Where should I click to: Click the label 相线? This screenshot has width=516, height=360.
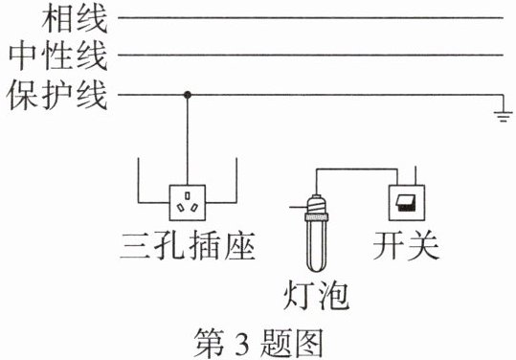75,19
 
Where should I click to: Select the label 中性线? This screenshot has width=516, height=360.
58,56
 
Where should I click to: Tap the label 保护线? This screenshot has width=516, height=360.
57,96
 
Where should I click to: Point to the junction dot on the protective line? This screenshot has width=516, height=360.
188,95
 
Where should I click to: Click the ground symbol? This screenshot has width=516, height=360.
504,117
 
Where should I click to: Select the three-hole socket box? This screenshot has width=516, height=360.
188,202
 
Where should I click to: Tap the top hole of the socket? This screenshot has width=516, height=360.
188,195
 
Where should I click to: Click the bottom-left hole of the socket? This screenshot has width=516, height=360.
181,208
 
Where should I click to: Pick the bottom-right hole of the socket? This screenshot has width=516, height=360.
194,208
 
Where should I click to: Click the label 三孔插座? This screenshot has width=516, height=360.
188,245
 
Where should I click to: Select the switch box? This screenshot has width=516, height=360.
407,203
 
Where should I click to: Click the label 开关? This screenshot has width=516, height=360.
407,245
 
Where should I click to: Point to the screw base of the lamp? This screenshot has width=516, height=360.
317,205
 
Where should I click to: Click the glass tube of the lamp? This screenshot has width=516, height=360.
317,245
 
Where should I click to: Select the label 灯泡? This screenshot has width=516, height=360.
317,295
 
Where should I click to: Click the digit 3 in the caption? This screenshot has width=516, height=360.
242,343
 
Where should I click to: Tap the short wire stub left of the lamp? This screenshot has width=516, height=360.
299,208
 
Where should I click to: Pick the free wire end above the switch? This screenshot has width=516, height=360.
415,167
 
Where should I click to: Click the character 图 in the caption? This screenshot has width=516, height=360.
307,343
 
